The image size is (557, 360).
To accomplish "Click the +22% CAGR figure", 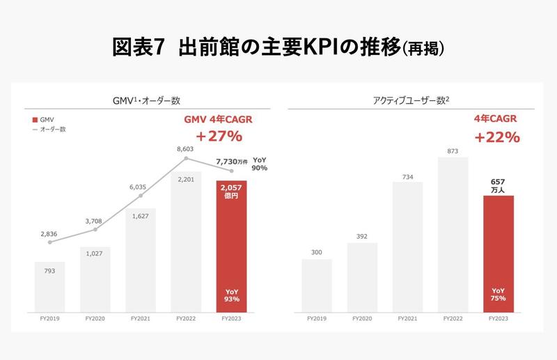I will pos(497,137).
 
